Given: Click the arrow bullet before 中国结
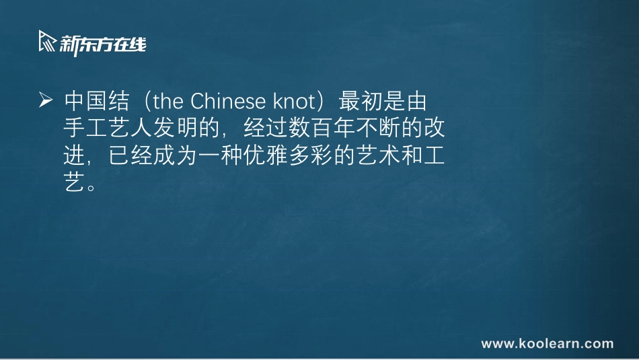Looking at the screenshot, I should click(46, 101).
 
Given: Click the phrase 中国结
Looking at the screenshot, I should click(96, 102).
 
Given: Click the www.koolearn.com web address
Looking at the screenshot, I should click(548, 344).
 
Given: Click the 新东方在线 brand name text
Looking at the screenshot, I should click(102, 44).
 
